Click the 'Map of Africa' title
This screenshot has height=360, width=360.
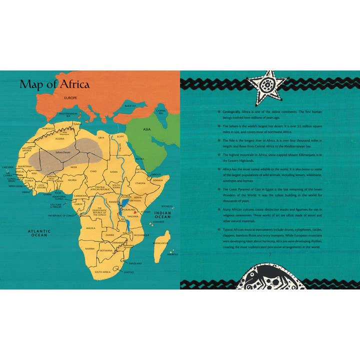pos(54,84)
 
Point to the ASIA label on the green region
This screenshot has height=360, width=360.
pos(146,129)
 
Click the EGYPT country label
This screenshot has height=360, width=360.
pos(119,136)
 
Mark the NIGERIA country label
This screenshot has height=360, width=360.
pos(72,179)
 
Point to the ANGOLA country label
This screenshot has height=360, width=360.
pos(90,227)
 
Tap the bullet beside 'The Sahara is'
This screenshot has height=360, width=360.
pos(218,126)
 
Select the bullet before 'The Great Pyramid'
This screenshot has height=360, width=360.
pos(218,190)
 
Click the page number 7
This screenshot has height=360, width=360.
pos(269,254)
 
